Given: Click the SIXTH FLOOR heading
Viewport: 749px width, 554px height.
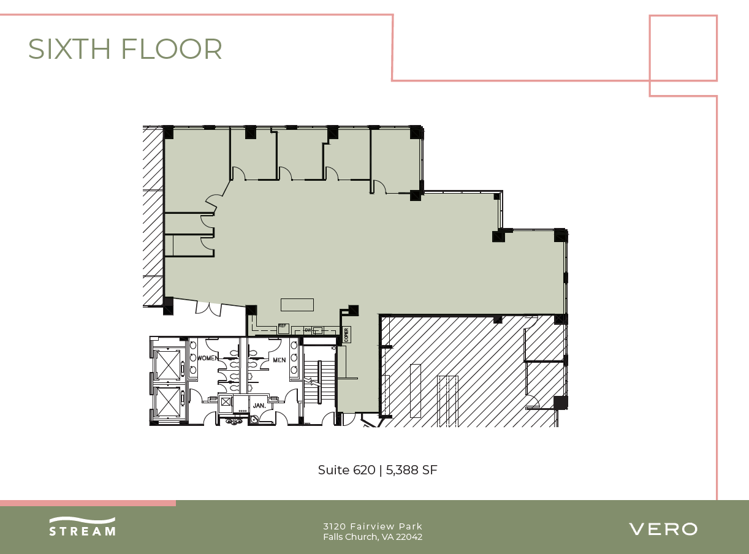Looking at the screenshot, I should coord(125,49).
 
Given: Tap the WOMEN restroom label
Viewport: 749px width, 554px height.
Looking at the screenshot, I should coord(208,358).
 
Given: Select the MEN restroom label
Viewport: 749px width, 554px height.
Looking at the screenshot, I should coord(279,360).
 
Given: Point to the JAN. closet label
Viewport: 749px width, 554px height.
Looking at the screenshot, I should coord(259,405).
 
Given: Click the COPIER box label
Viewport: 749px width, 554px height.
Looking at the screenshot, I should coord(347,335).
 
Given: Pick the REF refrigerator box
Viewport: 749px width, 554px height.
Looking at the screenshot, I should coord(283,328).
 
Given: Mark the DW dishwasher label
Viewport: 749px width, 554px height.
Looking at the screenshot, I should coord(308,330).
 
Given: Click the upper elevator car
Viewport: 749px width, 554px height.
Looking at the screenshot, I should coord(167,365).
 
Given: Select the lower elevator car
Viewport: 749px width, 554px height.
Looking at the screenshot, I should coord(167,401).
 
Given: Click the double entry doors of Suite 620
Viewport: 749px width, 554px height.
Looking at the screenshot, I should coord(208,308).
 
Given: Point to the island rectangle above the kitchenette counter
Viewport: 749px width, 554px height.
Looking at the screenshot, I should coord(297,305).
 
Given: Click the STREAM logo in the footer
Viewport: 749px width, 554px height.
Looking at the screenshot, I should coord(82,527).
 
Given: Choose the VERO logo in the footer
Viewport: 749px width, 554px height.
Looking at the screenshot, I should coord(663,529).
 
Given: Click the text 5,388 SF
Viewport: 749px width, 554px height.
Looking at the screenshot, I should coord(411,470).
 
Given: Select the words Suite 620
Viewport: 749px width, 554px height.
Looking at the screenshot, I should coord(346,470).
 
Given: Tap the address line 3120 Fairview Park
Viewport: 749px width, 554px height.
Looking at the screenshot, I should coord(373,526).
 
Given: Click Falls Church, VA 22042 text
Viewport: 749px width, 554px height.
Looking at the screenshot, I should coord(373,537).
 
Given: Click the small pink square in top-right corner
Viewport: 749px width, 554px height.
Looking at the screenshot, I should coord(683,48).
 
